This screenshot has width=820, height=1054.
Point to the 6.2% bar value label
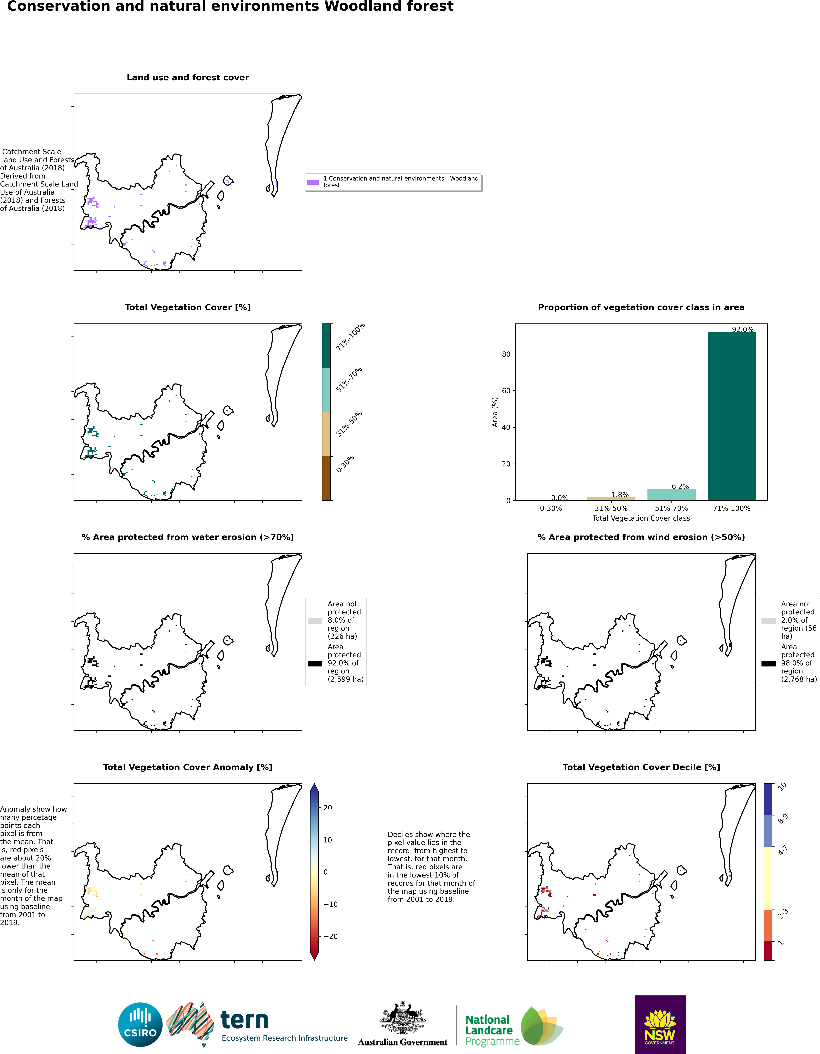point(680,486)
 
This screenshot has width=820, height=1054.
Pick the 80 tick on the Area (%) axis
point(506,354)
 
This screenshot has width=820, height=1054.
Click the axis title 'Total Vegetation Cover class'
point(641,518)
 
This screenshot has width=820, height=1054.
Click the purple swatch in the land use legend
point(313,182)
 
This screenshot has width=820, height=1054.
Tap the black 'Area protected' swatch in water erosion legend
point(315,664)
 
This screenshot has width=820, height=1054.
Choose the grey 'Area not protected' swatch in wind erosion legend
point(768,621)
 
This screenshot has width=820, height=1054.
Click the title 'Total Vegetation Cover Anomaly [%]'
point(188,767)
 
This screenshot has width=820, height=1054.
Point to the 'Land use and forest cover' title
point(188,78)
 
